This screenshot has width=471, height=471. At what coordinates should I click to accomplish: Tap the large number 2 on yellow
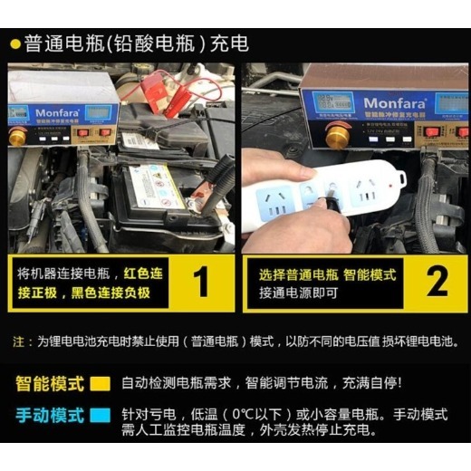tap(437, 282)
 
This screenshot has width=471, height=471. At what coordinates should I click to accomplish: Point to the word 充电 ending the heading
tap(232, 43)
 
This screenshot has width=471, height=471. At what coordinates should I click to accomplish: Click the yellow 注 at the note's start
tap(18, 342)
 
